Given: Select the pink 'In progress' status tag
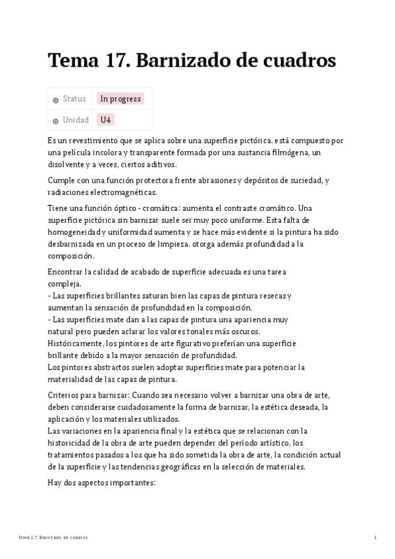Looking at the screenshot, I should click(x=120, y=99).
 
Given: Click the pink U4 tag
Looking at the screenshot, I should click(x=105, y=120).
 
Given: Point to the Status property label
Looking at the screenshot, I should click(x=74, y=99).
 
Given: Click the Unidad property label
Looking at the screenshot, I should click(x=76, y=120).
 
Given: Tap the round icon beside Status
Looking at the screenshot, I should click(x=55, y=100).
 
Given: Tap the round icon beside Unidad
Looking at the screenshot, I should click(x=55, y=121).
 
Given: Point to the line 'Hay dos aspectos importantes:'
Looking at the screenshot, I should click(x=101, y=482).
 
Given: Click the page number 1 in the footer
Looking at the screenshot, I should click(x=375, y=538).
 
